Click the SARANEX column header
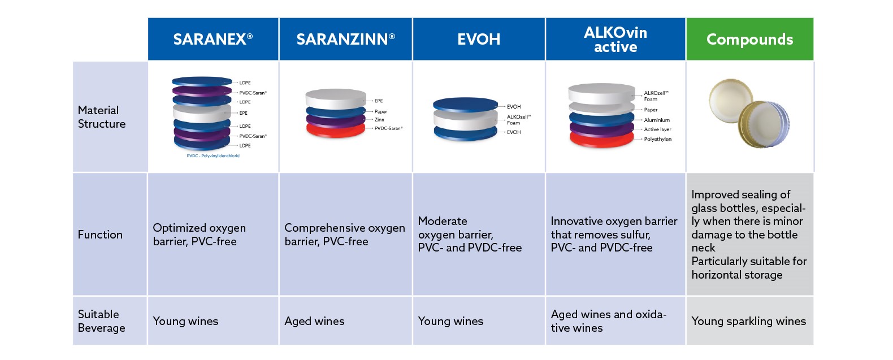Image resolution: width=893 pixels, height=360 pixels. point(213,39)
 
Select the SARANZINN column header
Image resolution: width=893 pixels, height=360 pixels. point(346,39)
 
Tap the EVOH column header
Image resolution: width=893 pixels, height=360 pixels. point(479,39)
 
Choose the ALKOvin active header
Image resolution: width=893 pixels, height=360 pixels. point(615,39)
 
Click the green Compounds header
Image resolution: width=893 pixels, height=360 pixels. point(750,39)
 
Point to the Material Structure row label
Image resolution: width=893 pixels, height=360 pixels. point(102,117)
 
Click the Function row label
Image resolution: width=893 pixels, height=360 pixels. point(100,235)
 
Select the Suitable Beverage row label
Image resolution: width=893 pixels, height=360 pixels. point(102,321)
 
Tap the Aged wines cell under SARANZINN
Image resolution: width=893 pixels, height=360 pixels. point(315,321)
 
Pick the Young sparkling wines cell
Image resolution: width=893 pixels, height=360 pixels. point(749,321)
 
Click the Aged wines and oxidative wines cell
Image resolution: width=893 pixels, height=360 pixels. point(608,321)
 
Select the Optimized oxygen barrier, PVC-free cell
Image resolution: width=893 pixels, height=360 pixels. point(200,235)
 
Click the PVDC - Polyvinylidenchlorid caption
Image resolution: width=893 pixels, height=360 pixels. point(213,156)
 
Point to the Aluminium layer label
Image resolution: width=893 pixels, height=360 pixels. point(657,120)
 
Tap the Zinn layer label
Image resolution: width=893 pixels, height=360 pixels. point(379,120)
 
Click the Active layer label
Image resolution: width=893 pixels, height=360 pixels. point(657,129)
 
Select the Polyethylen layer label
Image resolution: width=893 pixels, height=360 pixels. point(658,139)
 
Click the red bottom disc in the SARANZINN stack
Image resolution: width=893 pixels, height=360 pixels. point(336,131)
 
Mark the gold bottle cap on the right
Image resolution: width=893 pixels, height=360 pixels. point(764,125)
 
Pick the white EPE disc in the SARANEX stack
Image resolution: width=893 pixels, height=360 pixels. point(202,113)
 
